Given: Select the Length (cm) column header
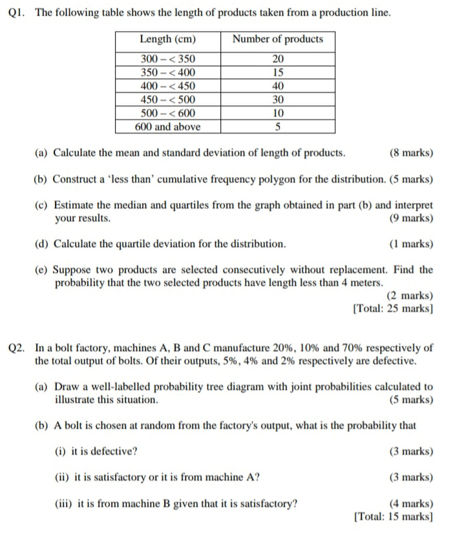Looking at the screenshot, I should coord(167,39).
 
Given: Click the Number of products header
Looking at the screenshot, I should coord(277,39).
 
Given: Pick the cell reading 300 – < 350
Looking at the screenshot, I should coord(167,59).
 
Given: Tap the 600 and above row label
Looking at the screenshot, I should coord(167,127).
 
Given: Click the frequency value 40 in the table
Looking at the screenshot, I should coord(277,86).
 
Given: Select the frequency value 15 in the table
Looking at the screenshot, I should coord(277,72).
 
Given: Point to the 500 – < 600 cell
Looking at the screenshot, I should coord(167,113).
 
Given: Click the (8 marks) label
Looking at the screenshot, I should coord(412,153).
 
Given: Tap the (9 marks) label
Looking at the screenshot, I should coord(412,218).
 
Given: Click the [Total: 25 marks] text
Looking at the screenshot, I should coord(393,308).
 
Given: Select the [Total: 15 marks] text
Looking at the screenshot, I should coord(393,516).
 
